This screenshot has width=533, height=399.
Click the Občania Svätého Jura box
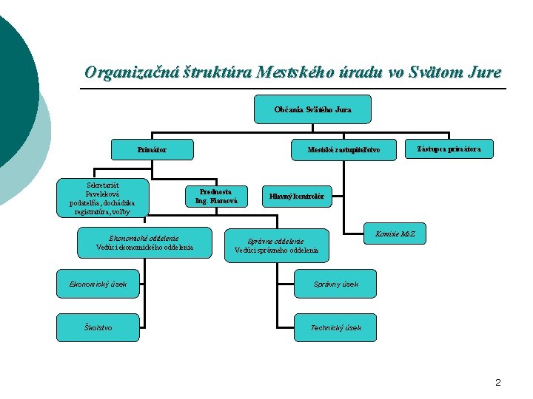click(x=312, y=109)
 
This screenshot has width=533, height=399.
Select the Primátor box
click(x=152, y=150)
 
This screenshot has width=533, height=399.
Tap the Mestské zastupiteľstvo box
click(x=343, y=150)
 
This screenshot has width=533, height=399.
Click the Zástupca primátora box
click(x=449, y=149)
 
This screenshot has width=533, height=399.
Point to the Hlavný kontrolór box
click(x=296, y=197)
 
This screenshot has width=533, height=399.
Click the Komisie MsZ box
click(x=395, y=234)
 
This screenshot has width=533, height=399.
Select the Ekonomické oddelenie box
click(x=144, y=242)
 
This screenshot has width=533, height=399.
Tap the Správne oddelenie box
click(x=276, y=246)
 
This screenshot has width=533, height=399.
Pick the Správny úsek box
click(x=335, y=284)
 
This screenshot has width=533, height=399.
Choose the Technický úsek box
click(x=335, y=327)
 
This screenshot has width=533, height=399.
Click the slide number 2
click(x=497, y=382)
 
